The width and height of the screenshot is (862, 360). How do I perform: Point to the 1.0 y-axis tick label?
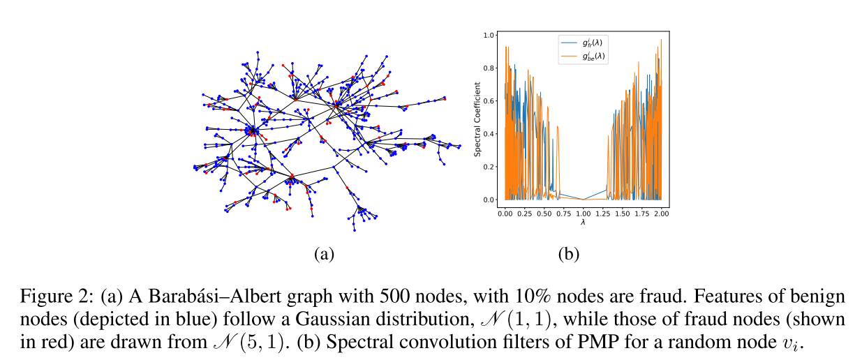pyautogui.click(x=491, y=35)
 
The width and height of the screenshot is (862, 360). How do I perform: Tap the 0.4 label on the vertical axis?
pyautogui.click(x=491, y=134)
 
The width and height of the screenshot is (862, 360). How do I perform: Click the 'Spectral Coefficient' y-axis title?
pyautogui.click(x=478, y=117)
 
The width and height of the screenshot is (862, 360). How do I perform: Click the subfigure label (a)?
pyautogui.click(x=322, y=254)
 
